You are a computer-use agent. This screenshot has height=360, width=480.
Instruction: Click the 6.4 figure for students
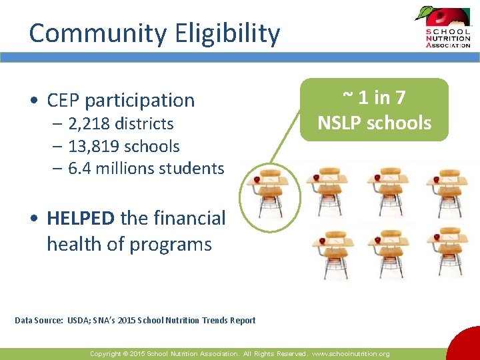pos(80,168)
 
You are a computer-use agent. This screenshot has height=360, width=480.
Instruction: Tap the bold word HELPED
pos(81,218)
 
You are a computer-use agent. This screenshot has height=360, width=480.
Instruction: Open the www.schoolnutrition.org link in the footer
pos(351,354)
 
